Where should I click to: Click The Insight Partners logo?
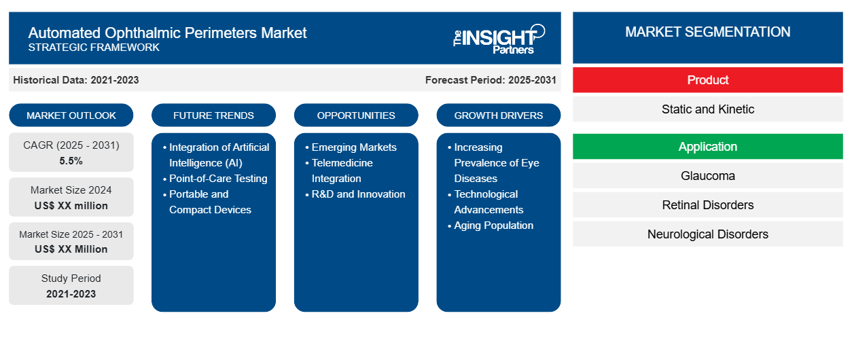(x=499, y=38)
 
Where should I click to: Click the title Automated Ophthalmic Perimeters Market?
(x=167, y=32)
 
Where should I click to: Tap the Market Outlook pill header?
(x=71, y=115)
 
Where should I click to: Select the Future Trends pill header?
(x=213, y=115)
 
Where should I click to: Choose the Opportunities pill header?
(x=356, y=115)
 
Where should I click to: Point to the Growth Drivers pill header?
(x=499, y=115)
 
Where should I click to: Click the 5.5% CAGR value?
(x=71, y=161)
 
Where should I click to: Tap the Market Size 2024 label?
(x=71, y=190)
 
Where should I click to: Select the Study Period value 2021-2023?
(x=71, y=294)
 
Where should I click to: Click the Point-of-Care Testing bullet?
(x=218, y=179)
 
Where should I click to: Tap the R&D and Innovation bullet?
(x=358, y=194)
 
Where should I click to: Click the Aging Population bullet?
(x=494, y=226)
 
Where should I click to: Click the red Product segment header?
(x=707, y=80)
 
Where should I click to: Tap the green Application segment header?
(x=707, y=147)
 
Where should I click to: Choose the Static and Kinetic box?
(x=707, y=109)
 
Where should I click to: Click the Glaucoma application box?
(x=707, y=176)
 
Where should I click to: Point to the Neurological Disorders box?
(x=707, y=234)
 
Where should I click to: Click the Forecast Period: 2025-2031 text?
(x=491, y=80)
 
